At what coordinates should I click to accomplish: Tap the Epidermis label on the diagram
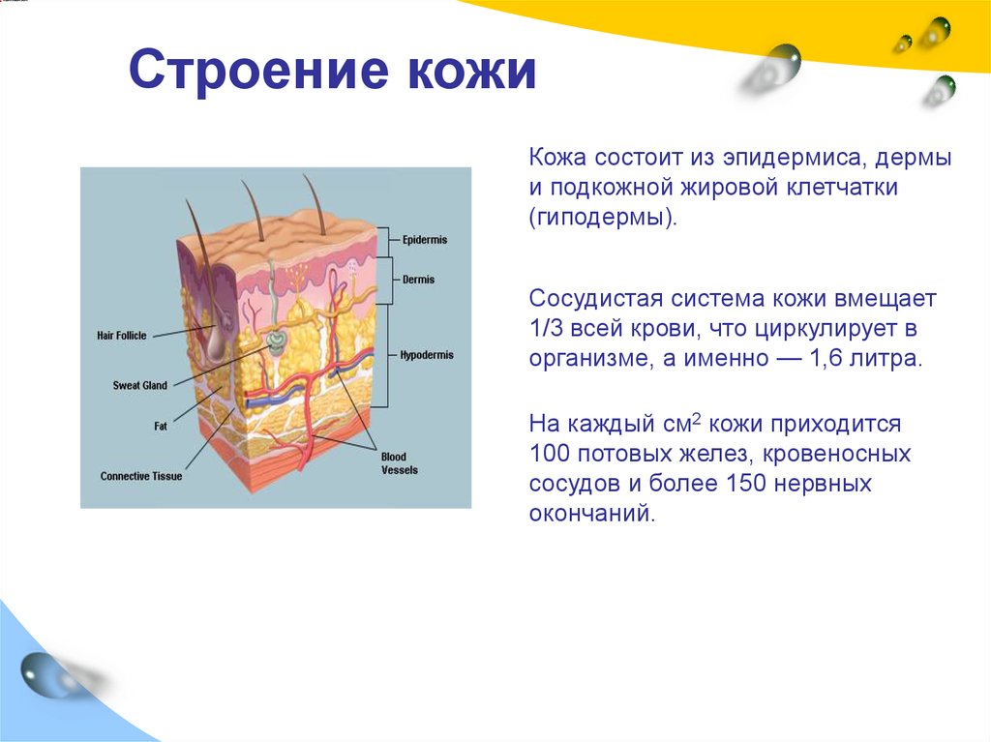click(425, 240)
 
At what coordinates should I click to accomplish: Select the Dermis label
click(418, 280)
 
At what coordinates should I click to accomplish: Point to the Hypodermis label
click(426, 355)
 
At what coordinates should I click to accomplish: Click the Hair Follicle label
click(122, 336)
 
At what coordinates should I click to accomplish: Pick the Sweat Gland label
click(140, 386)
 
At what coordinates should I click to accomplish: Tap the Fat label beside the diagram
click(161, 426)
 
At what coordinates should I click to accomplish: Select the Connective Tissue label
click(141, 476)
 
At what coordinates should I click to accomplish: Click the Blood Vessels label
click(395, 463)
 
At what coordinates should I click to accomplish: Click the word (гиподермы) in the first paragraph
click(601, 218)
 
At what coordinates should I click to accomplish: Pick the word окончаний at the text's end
click(592, 514)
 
